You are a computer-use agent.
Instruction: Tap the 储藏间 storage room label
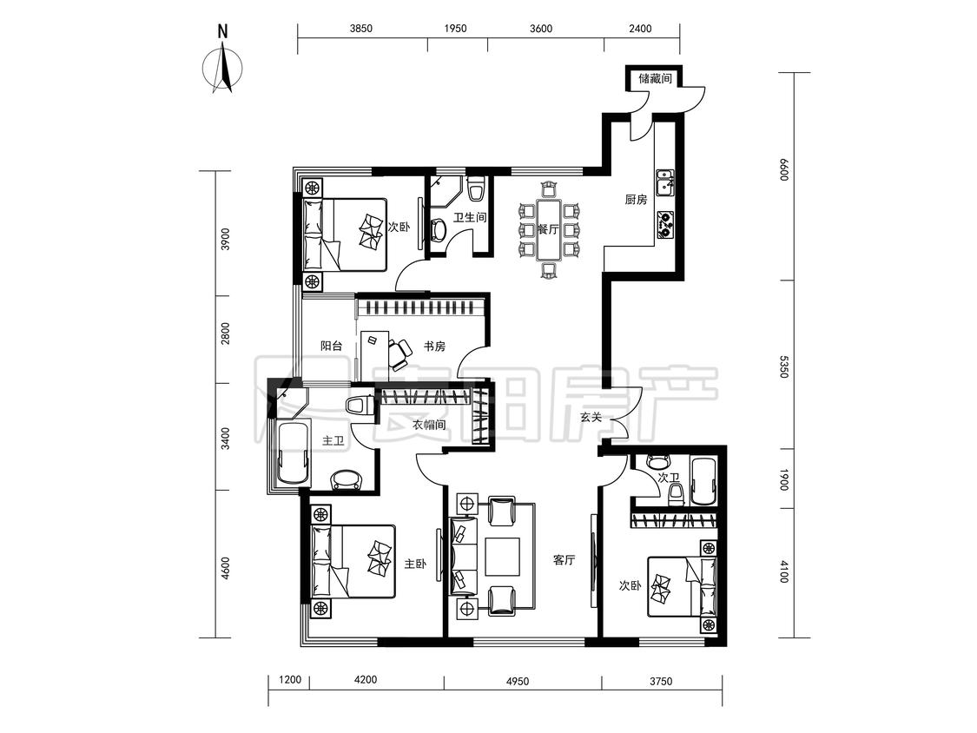coord(654,78)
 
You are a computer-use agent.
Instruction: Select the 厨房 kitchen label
coord(636,200)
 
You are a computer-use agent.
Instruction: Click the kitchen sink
coord(665,182)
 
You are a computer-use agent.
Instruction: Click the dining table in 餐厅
coord(548,228)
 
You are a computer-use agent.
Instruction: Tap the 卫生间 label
coord(470,217)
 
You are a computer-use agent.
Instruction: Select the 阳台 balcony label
coord(331,346)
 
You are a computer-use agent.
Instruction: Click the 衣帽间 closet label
coord(429,425)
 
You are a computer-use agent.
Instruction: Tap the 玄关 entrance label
coord(591,417)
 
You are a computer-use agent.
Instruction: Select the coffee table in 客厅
coord(502,556)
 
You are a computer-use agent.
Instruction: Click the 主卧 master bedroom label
coord(416,564)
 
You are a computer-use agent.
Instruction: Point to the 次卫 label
coord(669,478)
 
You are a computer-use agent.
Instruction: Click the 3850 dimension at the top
coord(360,29)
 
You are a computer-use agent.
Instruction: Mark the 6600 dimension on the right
coord(784,169)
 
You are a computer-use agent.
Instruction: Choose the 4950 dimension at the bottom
coord(518,681)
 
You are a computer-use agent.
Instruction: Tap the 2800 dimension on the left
coord(226,333)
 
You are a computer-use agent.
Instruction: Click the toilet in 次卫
coord(676,494)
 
